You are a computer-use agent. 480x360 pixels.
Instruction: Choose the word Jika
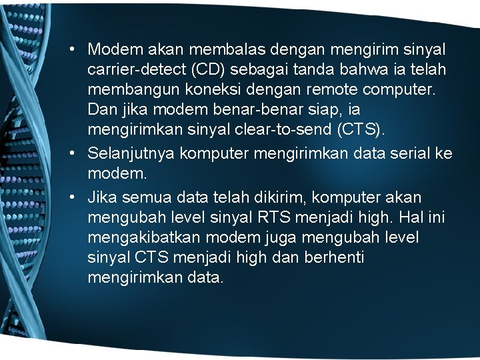coord(102,198)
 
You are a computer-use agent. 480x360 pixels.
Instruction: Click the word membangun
coord(127,89)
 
